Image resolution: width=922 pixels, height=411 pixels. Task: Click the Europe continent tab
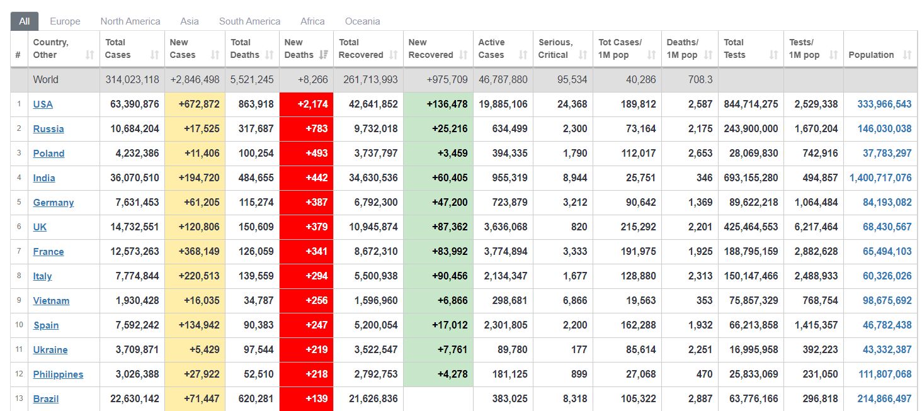coord(65,21)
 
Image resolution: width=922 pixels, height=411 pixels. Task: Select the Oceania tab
coord(362,21)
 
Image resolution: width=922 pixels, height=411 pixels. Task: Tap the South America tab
coord(249,21)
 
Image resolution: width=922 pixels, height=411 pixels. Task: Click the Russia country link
coord(48,129)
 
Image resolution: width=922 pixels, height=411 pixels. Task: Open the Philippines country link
coord(58,374)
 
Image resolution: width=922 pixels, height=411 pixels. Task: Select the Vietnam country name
coord(51,301)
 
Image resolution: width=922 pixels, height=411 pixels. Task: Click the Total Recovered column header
coord(358,48)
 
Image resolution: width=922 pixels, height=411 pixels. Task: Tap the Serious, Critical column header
coord(555,48)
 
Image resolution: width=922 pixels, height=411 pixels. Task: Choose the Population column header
coord(871,55)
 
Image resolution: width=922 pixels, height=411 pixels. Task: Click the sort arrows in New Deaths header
coord(324,55)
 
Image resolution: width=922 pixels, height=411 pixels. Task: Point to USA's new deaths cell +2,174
coord(306,104)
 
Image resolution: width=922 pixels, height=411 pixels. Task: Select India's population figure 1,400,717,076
coord(880,178)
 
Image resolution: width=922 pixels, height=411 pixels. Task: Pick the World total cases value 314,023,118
coord(132,80)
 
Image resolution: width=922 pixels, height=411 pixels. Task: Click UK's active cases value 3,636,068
coord(503,227)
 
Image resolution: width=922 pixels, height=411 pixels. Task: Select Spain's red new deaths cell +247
coord(306,325)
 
